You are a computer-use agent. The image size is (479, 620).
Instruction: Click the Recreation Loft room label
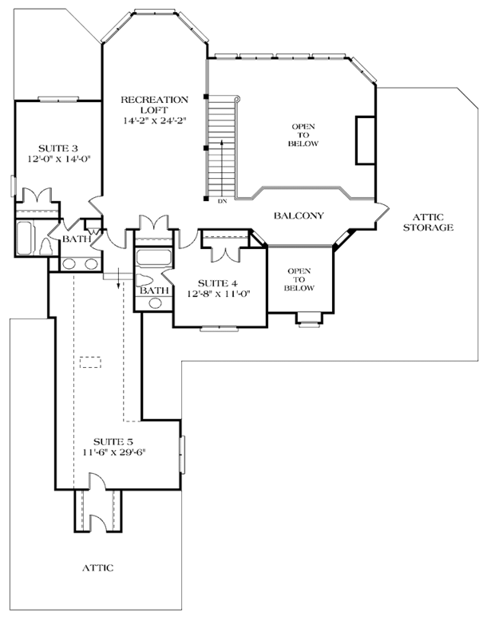pyautogui.click(x=154, y=105)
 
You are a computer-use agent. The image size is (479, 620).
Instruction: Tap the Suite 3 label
pyautogui.click(x=57, y=148)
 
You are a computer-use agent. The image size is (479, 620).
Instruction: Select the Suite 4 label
pyautogui.click(x=218, y=283)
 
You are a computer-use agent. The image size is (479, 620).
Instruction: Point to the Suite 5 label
pyautogui.click(x=113, y=442)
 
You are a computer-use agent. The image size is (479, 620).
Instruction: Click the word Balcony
pyautogui.click(x=299, y=215)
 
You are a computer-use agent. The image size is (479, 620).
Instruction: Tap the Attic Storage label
pyautogui.click(x=429, y=222)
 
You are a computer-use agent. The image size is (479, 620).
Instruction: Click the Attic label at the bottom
pyautogui.click(x=97, y=568)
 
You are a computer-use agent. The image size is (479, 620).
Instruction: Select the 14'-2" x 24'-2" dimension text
pyautogui.click(x=154, y=120)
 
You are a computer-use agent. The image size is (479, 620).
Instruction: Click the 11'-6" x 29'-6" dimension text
pyautogui.click(x=115, y=452)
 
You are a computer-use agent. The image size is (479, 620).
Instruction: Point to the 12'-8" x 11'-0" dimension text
pyautogui.click(x=219, y=294)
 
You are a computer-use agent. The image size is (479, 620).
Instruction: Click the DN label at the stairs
pyautogui.click(x=222, y=201)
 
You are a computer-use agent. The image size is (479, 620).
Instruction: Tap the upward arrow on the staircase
pyautogui.click(x=222, y=168)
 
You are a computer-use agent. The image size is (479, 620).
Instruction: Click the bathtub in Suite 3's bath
pyautogui.click(x=24, y=238)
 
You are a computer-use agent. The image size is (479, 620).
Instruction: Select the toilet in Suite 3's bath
pyautogui.click(x=46, y=247)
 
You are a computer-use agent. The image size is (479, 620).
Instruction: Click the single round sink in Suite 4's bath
pyautogui.click(x=155, y=303)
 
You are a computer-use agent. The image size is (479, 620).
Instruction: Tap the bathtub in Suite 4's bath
pyautogui.click(x=154, y=257)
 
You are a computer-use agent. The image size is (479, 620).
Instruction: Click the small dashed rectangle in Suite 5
pyautogui.click(x=90, y=362)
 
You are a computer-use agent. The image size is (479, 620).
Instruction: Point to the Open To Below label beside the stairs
pyautogui.click(x=303, y=135)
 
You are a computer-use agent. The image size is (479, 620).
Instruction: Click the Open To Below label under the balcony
pyautogui.click(x=299, y=279)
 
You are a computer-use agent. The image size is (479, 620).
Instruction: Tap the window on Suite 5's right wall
pyautogui.click(x=182, y=455)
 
